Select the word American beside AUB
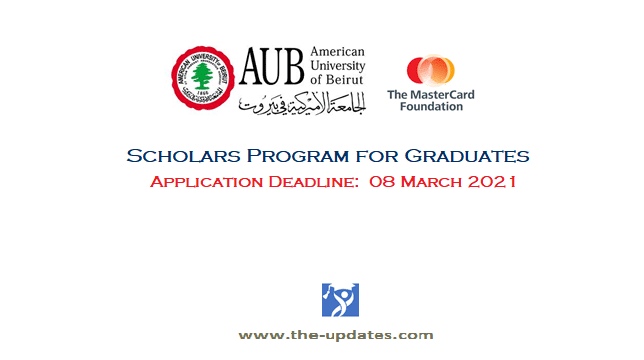[338, 52]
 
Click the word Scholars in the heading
[171, 157]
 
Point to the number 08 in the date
[383, 183]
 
